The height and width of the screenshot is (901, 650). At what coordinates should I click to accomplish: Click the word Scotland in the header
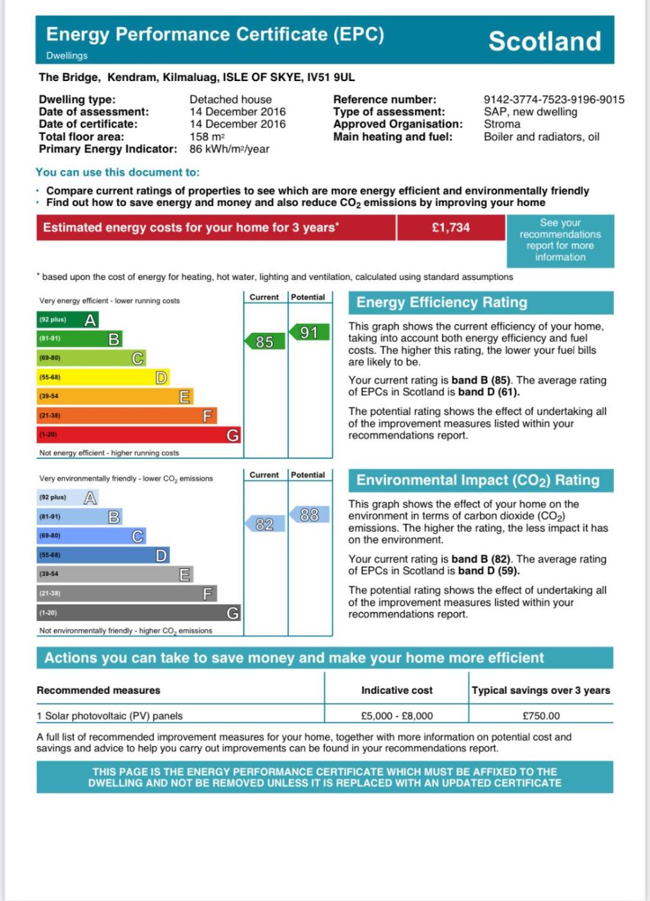coord(544,41)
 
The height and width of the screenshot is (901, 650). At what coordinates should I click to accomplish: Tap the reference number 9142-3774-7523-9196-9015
coord(553,99)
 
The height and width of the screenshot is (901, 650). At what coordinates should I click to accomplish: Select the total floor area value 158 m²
coord(207,136)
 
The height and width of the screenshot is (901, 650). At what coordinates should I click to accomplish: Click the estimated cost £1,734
coord(450,227)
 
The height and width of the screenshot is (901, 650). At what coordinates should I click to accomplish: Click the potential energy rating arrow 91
coord(309,332)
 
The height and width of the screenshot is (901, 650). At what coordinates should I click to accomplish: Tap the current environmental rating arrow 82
coord(264,525)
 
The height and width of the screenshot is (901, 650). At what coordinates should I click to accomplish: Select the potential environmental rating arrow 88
coord(309,515)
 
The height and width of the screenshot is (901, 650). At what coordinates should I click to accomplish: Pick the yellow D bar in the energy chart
coord(103,377)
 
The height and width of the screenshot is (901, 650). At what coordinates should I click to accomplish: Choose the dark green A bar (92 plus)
coord(68,320)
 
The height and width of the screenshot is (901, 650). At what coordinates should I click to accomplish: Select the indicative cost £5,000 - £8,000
coord(396,716)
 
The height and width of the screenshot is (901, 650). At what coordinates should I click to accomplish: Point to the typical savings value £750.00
coord(541,716)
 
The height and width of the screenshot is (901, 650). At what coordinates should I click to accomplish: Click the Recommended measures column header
coord(98,690)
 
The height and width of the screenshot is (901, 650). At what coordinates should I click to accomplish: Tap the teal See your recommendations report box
coord(560,240)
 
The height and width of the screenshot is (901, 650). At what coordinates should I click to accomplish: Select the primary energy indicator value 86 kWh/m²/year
coord(229,149)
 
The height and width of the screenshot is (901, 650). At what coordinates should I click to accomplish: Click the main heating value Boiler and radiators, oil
coord(541,136)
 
